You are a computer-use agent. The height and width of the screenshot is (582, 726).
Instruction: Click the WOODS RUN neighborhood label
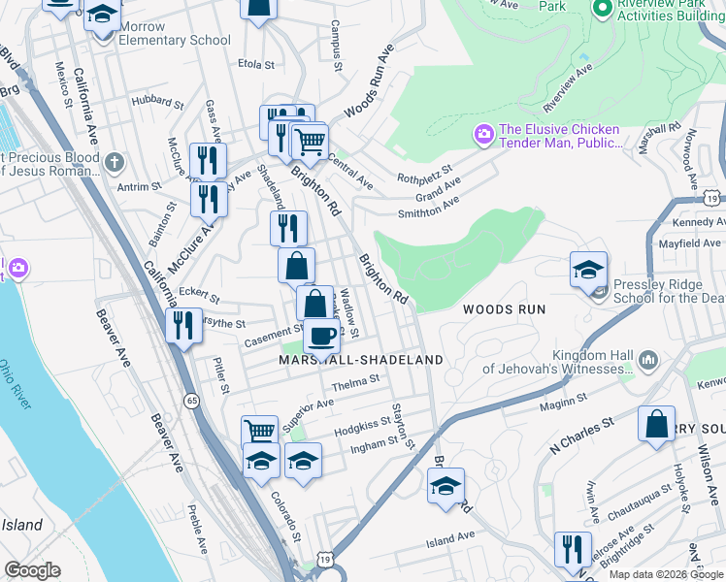tap(504, 309)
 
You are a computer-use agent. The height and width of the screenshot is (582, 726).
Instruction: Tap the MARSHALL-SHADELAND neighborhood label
tap(361, 360)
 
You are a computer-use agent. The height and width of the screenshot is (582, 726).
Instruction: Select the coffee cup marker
tap(321, 338)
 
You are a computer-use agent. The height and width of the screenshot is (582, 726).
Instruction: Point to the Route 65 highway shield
tap(191, 400)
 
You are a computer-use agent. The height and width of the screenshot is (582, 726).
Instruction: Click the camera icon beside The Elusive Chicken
tap(482, 134)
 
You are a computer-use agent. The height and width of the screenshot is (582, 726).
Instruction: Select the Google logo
tap(32, 570)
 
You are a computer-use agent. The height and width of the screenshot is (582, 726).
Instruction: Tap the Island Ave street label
tap(449, 535)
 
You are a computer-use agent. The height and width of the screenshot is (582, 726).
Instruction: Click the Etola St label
tap(258, 64)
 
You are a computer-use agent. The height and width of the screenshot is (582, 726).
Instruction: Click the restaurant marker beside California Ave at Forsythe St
tap(181, 327)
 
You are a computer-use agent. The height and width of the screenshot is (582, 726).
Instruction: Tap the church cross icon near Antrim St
tap(115, 161)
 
